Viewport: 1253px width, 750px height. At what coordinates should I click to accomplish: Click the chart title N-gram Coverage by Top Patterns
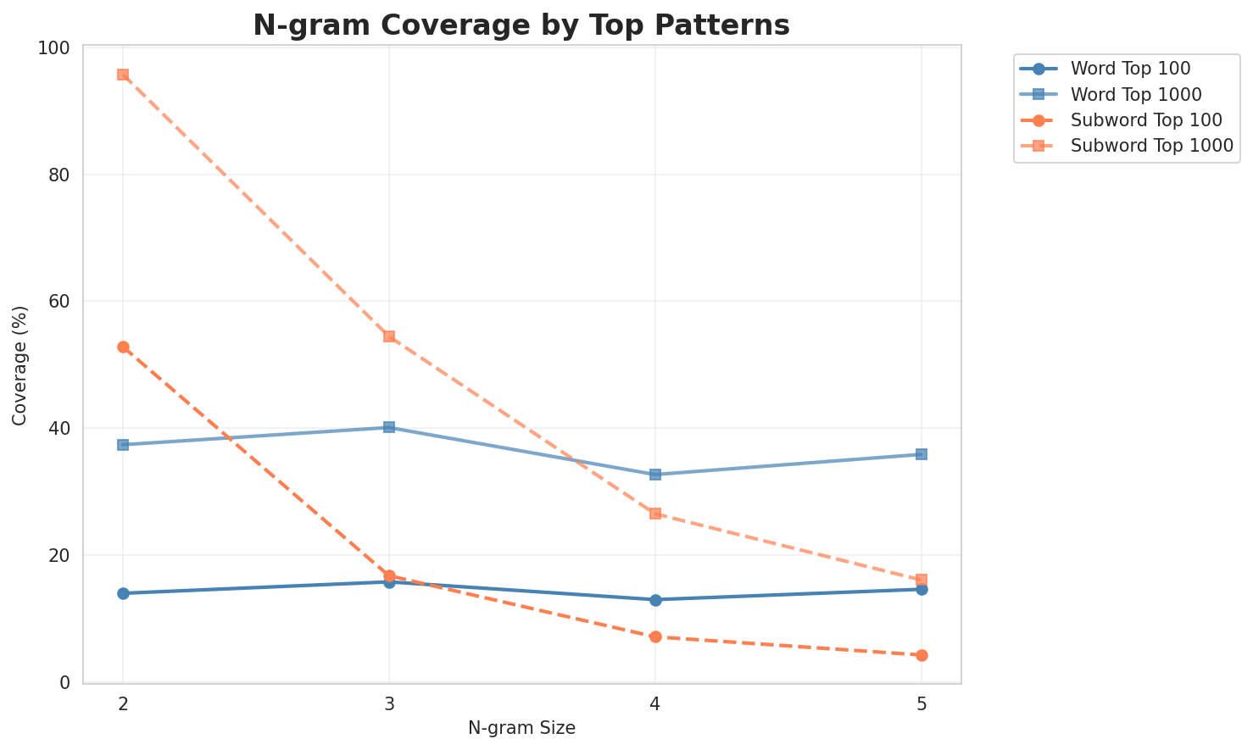[521, 25]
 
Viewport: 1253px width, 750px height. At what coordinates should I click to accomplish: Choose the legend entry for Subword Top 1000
[1151, 145]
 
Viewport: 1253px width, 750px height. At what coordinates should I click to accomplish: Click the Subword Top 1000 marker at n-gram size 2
[123, 75]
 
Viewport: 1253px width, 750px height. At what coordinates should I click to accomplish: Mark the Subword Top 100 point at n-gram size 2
[123, 347]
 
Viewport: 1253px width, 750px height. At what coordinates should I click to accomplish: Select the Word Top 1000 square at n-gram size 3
[389, 427]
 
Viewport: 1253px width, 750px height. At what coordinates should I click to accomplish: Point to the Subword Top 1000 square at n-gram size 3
[389, 336]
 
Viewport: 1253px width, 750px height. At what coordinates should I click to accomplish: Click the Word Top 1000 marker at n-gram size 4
[655, 475]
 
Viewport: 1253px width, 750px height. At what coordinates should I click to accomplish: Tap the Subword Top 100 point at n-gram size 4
[655, 636]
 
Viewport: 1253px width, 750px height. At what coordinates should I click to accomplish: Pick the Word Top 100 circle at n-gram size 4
[655, 600]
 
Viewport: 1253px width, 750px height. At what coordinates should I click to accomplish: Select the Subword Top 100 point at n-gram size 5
[922, 655]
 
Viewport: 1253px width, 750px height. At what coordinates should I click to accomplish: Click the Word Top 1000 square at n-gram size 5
[922, 454]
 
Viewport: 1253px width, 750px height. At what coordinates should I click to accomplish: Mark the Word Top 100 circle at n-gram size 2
[123, 593]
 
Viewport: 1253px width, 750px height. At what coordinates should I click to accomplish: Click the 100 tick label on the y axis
[59, 47]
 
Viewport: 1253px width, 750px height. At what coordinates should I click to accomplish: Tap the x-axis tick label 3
[389, 704]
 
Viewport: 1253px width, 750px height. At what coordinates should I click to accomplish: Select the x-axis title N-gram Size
[521, 728]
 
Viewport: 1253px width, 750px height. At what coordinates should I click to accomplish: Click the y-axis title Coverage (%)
[20, 364]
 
